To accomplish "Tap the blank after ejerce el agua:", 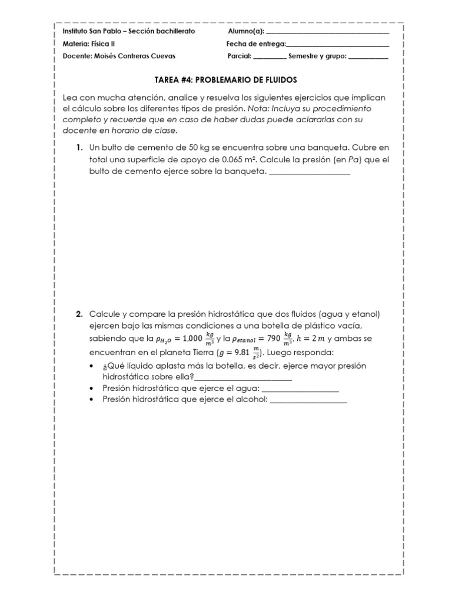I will pos(300,389).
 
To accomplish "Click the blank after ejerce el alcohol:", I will pos(308,401).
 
